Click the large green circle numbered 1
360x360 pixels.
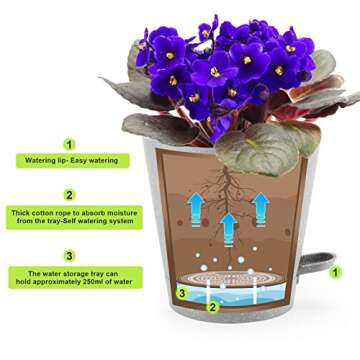69,144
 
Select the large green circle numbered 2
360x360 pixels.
69,195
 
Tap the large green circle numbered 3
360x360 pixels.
69,255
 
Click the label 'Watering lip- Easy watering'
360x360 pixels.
69,160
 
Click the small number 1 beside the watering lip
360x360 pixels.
335,270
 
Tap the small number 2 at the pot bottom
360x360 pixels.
212,306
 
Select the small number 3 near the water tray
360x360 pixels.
181,293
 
